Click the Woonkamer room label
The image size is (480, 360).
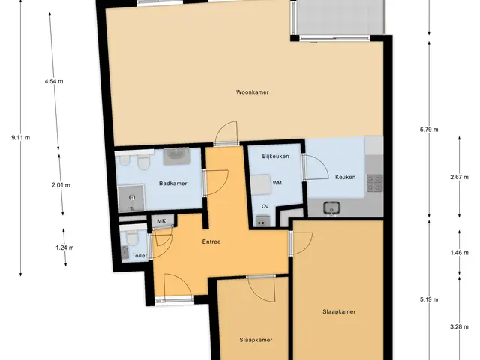coord(253,91)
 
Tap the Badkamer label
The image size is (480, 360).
coord(173,183)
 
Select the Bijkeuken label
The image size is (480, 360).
coord(275,156)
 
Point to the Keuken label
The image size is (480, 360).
coord(345,177)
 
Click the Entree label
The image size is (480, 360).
coord(211,241)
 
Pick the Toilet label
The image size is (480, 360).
coord(139,255)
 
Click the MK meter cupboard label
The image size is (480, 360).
coord(161,221)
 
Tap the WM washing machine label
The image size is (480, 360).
coord(277,183)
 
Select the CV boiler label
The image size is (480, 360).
coord(265,207)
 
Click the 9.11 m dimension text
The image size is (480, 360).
coord(21,138)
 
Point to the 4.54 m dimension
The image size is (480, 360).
coord(54,81)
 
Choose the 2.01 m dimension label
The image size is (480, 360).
coord(61,185)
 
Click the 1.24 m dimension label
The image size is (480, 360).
coord(64,247)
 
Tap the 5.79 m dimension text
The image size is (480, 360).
coord(429,130)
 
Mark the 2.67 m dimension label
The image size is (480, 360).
coord(459,177)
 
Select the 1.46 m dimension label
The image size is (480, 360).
coord(459,253)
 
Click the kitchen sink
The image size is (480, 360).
coord(331,208)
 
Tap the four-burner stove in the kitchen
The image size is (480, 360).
coord(374,183)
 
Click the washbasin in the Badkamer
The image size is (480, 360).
coord(176,157)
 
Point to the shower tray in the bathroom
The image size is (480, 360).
coord(131,198)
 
